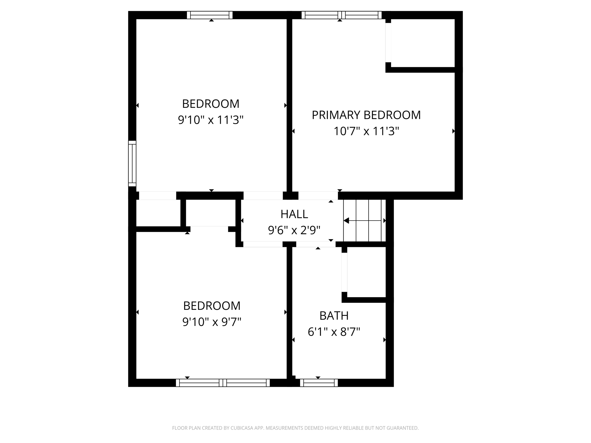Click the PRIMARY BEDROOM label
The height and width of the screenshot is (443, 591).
366,115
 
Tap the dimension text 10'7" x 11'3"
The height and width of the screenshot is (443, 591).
366,131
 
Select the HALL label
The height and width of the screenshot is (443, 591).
294,214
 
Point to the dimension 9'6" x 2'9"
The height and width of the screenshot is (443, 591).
294,230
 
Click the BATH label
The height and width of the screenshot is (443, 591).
334,316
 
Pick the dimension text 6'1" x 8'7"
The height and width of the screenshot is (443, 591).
334,332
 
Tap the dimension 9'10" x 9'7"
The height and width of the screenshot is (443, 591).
212,321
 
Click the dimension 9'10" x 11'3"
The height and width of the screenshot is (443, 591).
211,119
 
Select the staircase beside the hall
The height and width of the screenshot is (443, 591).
364,221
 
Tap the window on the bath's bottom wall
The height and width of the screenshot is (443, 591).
319,383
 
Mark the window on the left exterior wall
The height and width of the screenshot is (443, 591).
132,164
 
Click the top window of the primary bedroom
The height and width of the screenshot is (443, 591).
341,15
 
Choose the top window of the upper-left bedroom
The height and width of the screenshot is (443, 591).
210,15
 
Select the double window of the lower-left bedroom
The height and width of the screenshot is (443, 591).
222,383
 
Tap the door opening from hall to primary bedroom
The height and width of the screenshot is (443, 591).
318,196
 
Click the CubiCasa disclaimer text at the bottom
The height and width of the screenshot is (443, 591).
295,428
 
